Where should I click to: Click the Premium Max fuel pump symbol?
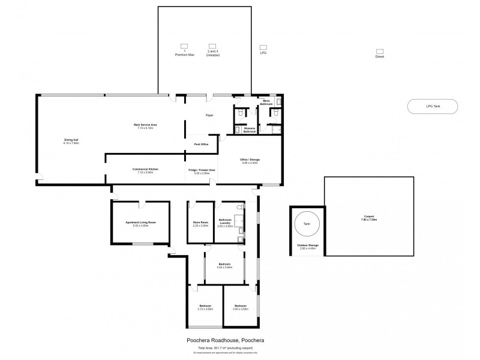(185, 46)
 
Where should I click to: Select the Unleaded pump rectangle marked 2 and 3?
(212, 46)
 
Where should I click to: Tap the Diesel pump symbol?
(379, 52)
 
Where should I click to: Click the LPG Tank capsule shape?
(432, 106)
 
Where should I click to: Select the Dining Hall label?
(72, 142)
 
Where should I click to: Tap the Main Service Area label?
(145, 126)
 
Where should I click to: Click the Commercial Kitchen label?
(145, 170)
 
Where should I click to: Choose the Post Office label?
(201, 145)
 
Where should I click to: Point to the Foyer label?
(209, 115)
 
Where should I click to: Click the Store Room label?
(200, 223)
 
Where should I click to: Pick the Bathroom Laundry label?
(226, 222)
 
